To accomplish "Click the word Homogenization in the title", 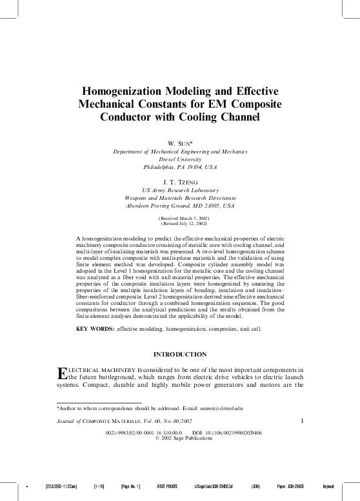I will pyautogui.click(x=126, y=92).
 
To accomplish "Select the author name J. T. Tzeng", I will pyautogui.click(x=180, y=182).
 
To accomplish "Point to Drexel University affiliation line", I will pyautogui.click(x=180, y=159).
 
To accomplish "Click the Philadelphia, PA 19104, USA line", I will pyautogui.click(x=180, y=166).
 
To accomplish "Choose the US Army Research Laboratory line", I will pyautogui.click(x=180, y=190).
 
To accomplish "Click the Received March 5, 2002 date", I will pyautogui.click(x=180, y=219).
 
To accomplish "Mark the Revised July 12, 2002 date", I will pyautogui.click(x=180, y=224).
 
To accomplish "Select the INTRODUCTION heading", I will pyautogui.click(x=180, y=354).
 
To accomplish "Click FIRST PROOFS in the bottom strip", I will pyautogui.click(x=167, y=486).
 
